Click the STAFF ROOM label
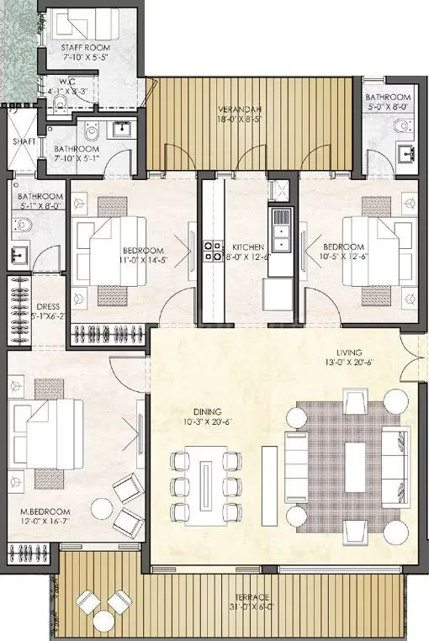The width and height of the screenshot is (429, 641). coord(82,49)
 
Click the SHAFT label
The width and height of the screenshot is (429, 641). coord(23,142)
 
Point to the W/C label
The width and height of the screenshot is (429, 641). coord(59,82)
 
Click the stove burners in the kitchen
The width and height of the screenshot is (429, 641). coord(209,248)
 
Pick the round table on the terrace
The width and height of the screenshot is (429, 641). coord(103,621)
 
